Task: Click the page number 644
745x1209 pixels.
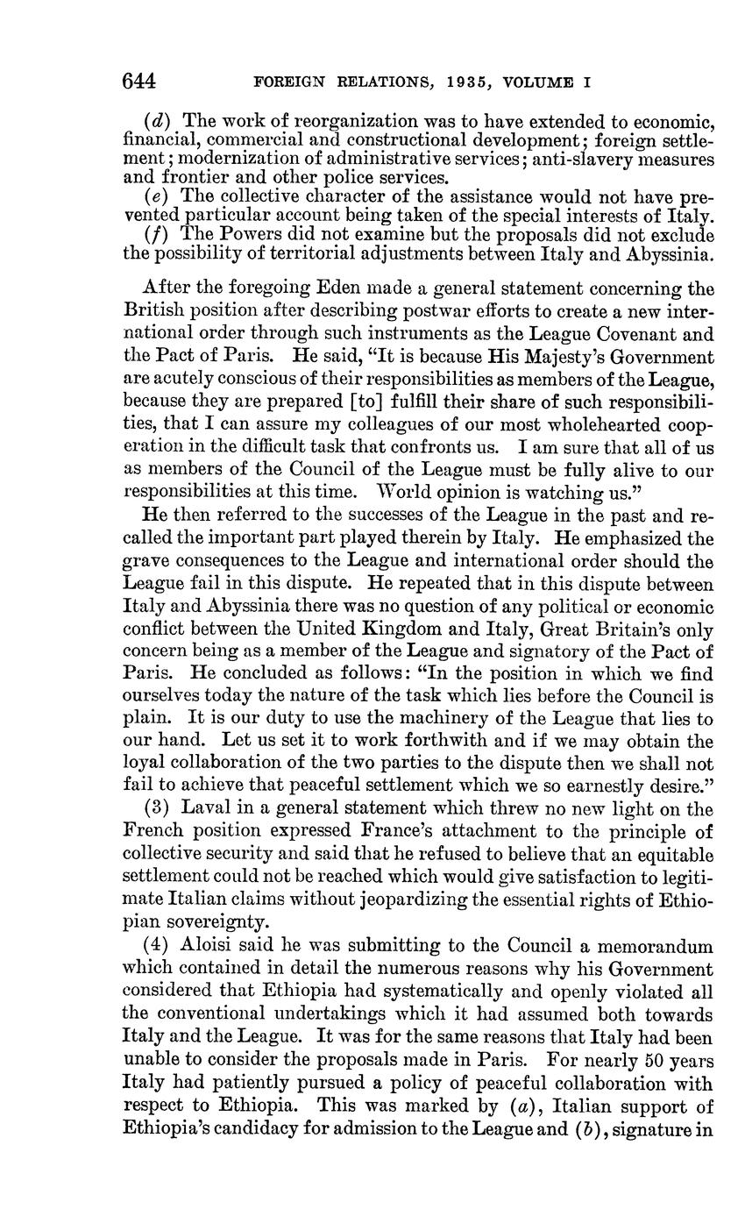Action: [138, 82]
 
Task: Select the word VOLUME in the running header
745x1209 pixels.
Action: [538, 83]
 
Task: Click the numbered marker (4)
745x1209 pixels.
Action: [160, 946]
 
